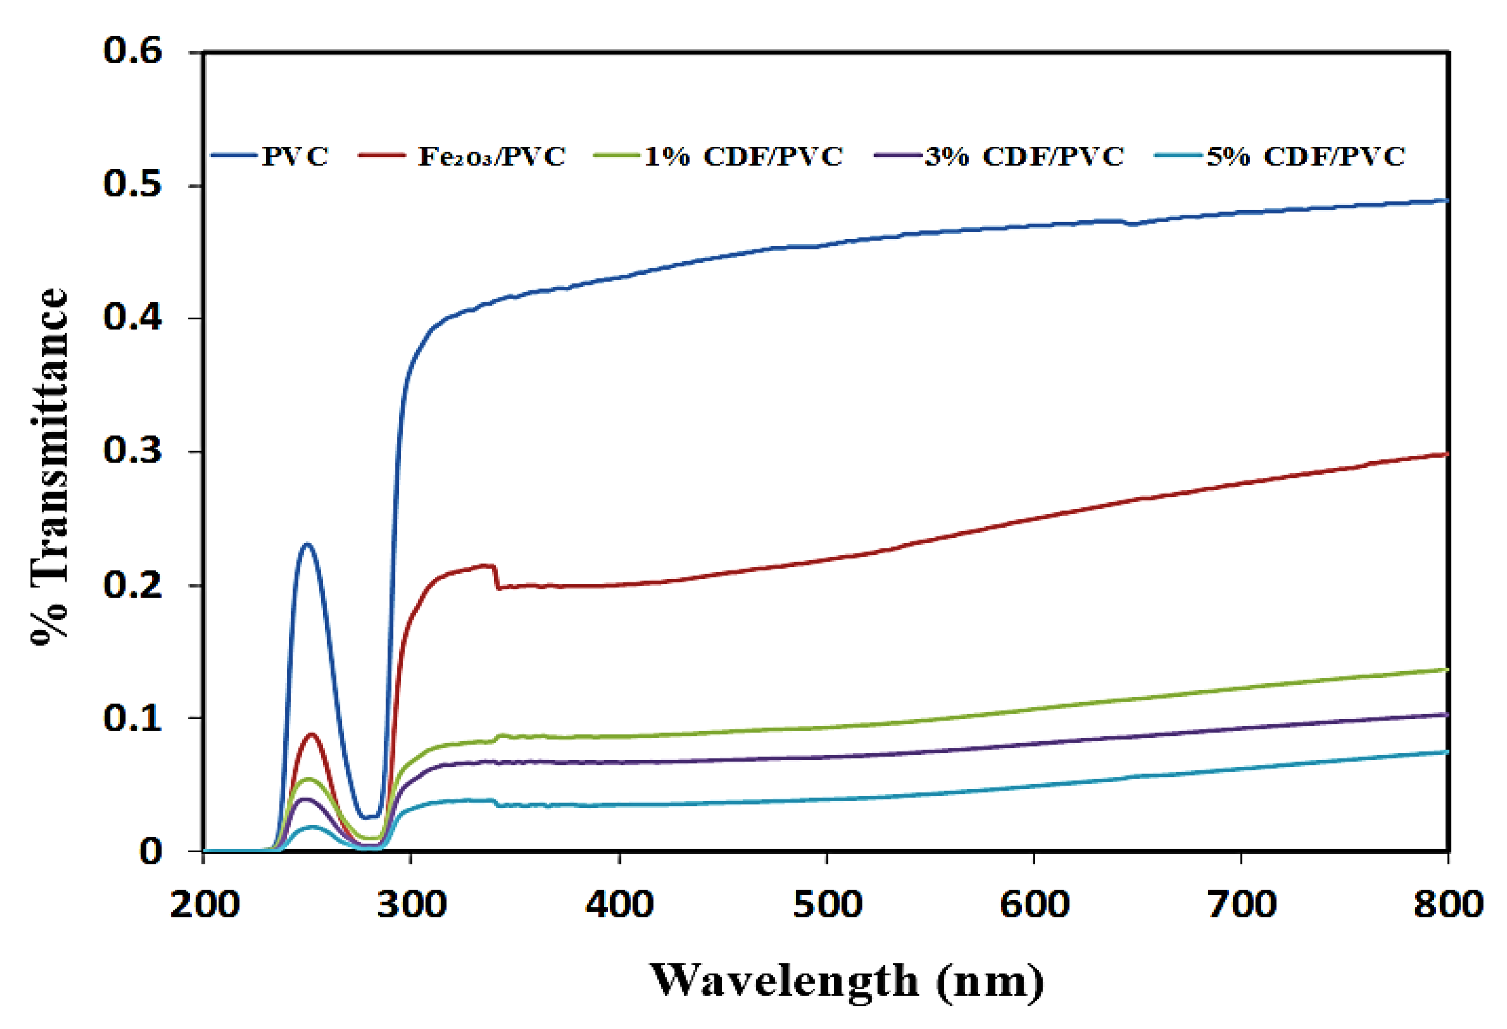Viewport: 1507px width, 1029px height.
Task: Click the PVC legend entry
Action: click(295, 156)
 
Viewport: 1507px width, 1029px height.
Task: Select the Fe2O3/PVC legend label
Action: click(491, 156)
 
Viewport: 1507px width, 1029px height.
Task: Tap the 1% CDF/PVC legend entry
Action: click(743, 156)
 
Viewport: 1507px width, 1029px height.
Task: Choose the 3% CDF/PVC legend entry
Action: click(1023, 156)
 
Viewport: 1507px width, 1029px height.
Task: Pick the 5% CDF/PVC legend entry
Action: click(1305, 156)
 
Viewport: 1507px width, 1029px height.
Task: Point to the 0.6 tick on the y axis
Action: click(132, 51)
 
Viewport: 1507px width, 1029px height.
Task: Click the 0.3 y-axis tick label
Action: click(132, 451)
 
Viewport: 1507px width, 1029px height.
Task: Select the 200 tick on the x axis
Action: click(204, 904)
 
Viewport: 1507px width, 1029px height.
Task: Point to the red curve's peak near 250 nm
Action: click(312, 734)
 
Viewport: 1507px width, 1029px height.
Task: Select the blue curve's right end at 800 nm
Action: click(1447, 201)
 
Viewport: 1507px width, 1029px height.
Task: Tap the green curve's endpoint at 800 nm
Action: click(1447, 669)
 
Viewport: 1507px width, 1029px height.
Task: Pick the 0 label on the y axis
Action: click(151, 851)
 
